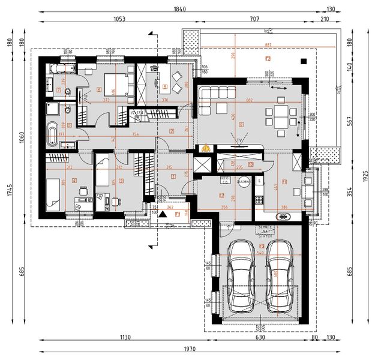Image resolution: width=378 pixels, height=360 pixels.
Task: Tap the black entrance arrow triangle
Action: click(161, 214)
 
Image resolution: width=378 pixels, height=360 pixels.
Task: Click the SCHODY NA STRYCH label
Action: click(265, 230)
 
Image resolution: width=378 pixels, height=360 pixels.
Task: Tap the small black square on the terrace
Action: click(304, 61)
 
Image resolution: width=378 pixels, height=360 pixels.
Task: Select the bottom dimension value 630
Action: click(260, 338)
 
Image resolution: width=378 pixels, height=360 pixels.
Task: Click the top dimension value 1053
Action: click(119, 19)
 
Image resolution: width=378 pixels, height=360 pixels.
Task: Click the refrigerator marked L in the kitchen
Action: click(259, 181)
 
